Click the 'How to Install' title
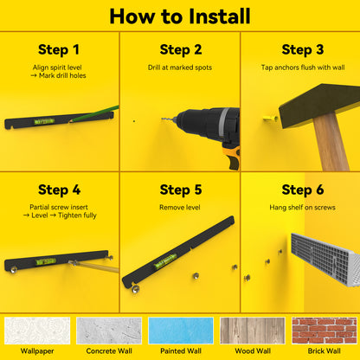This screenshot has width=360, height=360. coord(180,16)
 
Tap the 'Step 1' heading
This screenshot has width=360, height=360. coord(59,49)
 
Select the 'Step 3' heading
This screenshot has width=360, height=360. coord(303,49)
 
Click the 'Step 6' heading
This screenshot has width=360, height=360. coord(303,190)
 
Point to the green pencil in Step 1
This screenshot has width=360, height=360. coord(94,114)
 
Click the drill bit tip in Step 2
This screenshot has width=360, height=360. coord(162,119)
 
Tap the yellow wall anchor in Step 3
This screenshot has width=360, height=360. coord(270,119)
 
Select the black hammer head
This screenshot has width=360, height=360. coord(318,105)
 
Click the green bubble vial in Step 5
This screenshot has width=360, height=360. coord(165,261)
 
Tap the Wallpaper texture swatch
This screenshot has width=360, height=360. coord(37,331)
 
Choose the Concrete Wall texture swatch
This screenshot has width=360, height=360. coord(109,331)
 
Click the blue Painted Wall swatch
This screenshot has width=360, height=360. coord(181,331)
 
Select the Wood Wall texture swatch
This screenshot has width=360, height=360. coord(253,331)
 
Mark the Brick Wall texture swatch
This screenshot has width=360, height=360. coord(325,331)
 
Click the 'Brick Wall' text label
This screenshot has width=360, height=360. coord(325,351)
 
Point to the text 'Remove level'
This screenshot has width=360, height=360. coord(180,208)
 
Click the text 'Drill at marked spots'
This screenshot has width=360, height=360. coord(180,67)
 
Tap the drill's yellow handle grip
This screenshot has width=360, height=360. coord(234,157)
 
